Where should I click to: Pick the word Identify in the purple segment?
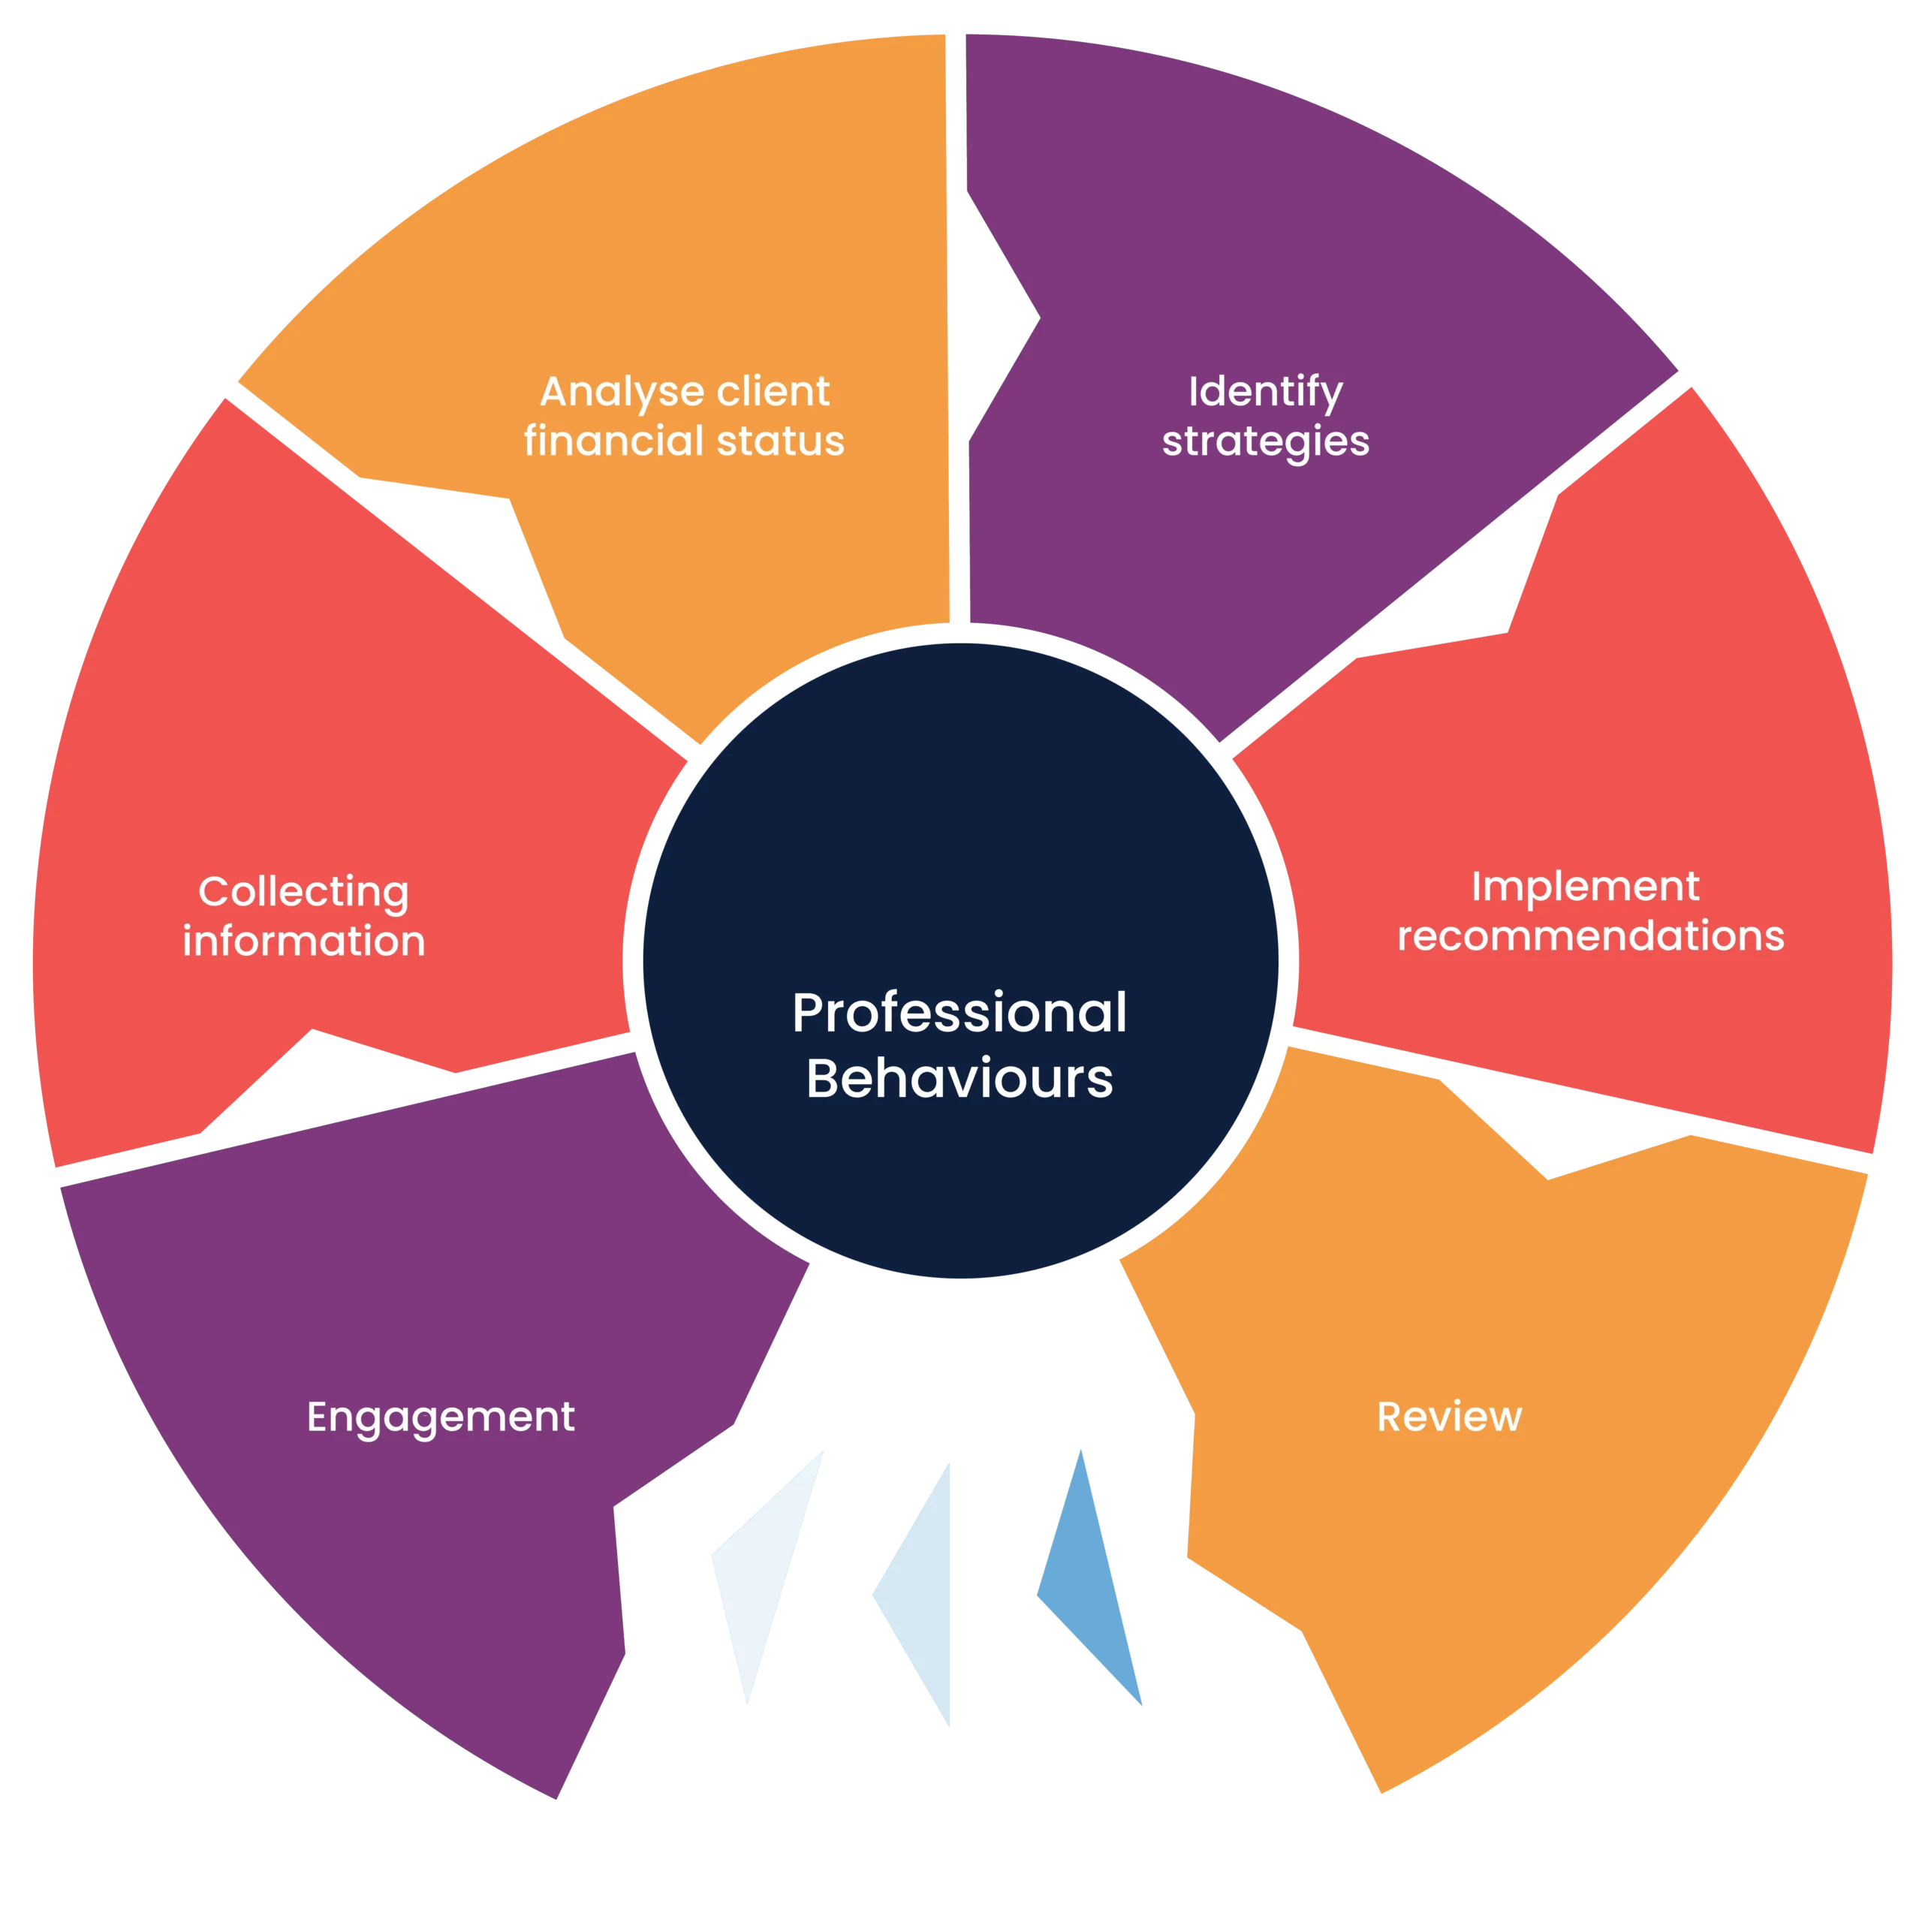(1265, 393)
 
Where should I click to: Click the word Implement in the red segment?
(1585, 887)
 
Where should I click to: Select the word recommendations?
(1591, 936)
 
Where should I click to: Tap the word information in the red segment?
(303, 941)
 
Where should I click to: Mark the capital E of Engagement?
(318, 1417)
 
